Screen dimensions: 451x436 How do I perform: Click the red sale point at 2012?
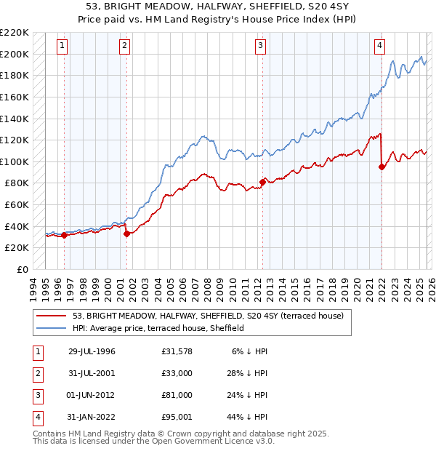pyautogui.click(x=262, y=182)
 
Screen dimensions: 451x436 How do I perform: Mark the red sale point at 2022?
pyautogui.click(x=381, y=167)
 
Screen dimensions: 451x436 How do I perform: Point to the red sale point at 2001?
pyautogui.click(x=126, y=234)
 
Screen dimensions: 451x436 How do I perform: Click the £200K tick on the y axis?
pyautogui.click(x=15, y=54)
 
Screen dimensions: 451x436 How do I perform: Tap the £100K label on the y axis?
pyautogui.click(x=15, y=161)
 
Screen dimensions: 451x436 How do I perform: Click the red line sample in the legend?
pyautogui.click(x=52, y=316)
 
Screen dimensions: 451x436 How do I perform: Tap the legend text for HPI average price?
pyautogui.click(x=158, y=328)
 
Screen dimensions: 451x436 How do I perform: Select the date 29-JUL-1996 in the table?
pyautogui.click(x=91, y=351)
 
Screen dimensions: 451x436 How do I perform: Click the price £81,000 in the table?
pyautogui.click(x=177, y=395)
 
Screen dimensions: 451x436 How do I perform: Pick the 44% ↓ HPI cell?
pyautogui.click(x=250, y=417)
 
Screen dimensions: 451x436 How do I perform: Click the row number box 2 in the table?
pyautogui.click(x=36, y=373)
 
